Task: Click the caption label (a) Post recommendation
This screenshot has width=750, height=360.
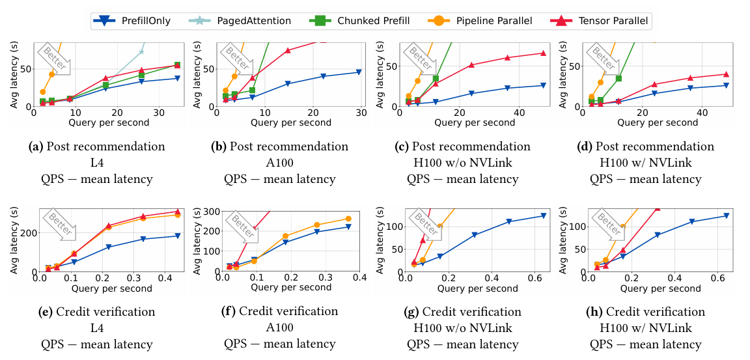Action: pyautogui.click(x=97, y=146)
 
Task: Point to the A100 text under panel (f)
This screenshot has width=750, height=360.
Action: pyautogui.click(x=280, y=327)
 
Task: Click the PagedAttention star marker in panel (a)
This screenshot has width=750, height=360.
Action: pyautogui.click(x=141, y=51)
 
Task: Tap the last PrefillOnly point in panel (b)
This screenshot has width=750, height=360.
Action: pyautogui.click(x=358, y=72)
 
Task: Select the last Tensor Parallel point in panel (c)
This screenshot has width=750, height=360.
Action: pyautogui.click(x=542, y=53)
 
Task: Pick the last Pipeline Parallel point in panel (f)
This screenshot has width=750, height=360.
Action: pyautogui.click(x=348, y=219)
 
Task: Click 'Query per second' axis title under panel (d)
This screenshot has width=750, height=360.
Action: pyautogui.click(x=645, y=122)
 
